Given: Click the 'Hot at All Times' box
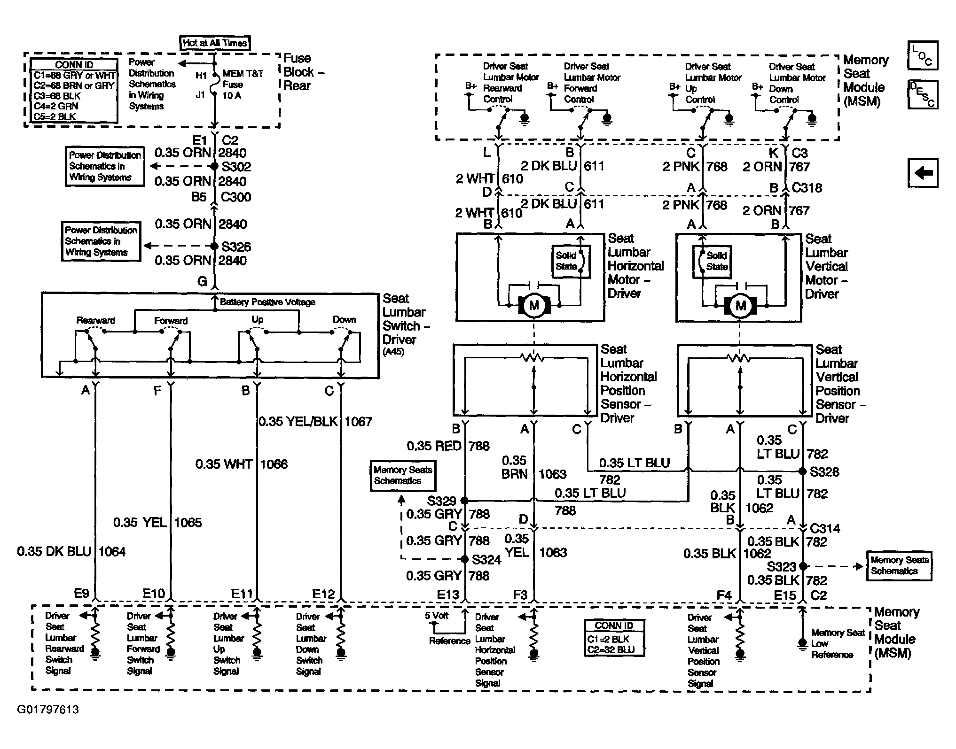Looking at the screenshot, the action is (x=215, y=43).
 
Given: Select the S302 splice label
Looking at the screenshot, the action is (x=236, y=167).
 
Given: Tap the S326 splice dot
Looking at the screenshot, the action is (x=214, y=246).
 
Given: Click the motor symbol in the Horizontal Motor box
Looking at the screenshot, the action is (x=534, y=306).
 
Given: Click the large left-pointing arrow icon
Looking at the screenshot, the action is (x=923, y=173).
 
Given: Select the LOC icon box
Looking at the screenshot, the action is (x=923, y=55).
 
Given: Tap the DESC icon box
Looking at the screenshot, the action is (x=923, y=94).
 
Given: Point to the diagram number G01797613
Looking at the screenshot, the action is (x=48, y=709).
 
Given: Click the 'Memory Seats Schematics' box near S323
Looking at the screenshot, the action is (x=899, y=566).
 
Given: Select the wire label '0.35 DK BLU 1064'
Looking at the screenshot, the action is (x=71, y=551).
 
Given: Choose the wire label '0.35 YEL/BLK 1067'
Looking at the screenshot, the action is (x=315, y=421).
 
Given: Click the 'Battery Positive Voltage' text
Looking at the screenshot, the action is (x=267, y=302).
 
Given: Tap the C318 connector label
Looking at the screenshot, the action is (x=807, y=188).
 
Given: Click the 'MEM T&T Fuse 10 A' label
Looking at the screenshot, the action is (x=243, y=85).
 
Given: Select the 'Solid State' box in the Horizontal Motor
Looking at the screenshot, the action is (x=571, y=261).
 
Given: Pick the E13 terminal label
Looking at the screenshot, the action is (x=447, y=595).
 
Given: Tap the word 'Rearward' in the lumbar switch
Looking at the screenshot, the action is (x=95, y=321).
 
